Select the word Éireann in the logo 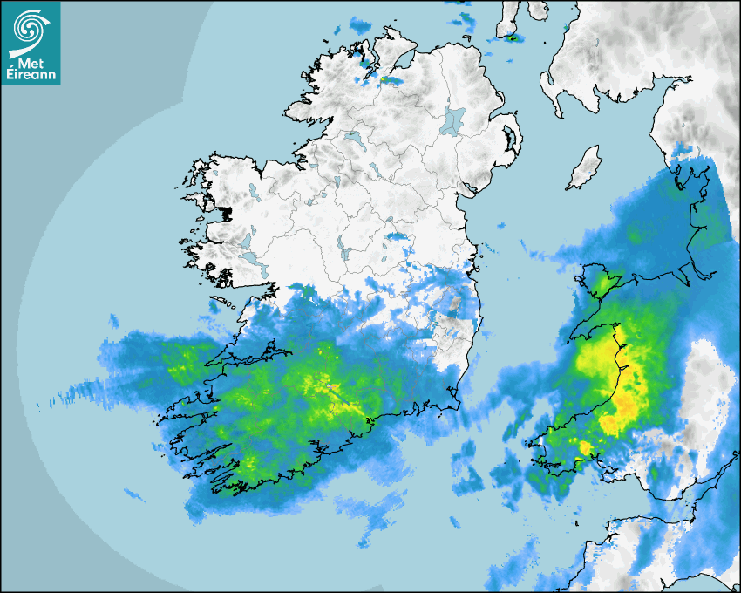(31, 73)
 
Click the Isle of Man (583, 168)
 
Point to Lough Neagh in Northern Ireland (453, 119)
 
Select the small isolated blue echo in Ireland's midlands (398, 236)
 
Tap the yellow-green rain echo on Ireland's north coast (390, 79)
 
